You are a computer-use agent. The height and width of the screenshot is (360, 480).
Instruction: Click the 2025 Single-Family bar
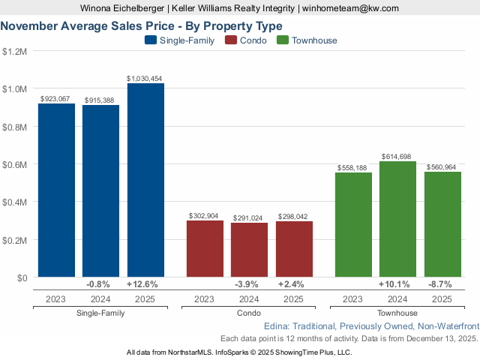tap(145, 180)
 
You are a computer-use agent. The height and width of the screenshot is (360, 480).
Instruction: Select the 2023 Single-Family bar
tap(56, 190)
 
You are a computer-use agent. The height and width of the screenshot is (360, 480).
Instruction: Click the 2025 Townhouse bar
tap(442, 224)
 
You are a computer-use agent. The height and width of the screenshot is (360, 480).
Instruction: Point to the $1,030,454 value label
tap(145, 78)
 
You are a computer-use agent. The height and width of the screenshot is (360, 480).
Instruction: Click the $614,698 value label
tap(397, 156)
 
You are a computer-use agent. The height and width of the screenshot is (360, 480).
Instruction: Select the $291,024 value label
tap(249, 217)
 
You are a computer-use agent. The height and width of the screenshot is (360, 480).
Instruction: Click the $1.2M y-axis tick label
tap(15, 52)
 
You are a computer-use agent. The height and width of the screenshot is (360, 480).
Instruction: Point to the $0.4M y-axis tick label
tap(15, 202)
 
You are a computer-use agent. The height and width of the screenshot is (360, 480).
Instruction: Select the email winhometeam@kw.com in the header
tap(351, 8)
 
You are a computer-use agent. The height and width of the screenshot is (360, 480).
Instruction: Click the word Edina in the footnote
tap(278, 327)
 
